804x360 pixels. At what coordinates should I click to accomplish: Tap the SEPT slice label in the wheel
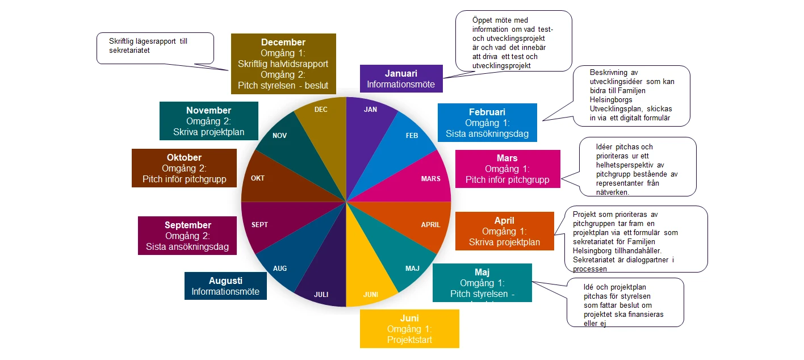point(259,224)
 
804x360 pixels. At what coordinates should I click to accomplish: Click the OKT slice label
point(258,178)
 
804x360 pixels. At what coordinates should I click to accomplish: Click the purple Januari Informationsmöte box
point(401,79)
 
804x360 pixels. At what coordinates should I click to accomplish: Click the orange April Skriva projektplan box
point(504,231)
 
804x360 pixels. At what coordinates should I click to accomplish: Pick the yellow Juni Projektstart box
point(409,328)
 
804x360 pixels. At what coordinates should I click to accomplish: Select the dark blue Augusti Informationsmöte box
point(225,286)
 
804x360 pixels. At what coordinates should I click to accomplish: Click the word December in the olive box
point(283,42)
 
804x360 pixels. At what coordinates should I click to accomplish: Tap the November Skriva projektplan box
point(208,121)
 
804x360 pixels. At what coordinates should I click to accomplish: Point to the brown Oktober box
point(184,168)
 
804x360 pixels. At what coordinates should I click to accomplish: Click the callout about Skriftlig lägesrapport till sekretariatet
point(155,47)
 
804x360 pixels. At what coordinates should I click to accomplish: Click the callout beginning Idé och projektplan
point(625,302)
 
